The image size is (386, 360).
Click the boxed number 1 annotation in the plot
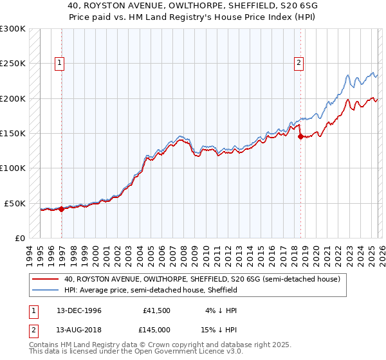click(59, 63)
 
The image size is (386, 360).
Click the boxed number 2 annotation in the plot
click(300, 63)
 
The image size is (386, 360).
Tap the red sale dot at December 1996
click(62, 209)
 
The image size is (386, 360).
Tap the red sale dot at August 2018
click(301, 136)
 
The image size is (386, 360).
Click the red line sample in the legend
click(46, 280)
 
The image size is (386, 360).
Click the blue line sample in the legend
click(46, 291)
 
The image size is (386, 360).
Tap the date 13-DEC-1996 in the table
click(78, 310)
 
